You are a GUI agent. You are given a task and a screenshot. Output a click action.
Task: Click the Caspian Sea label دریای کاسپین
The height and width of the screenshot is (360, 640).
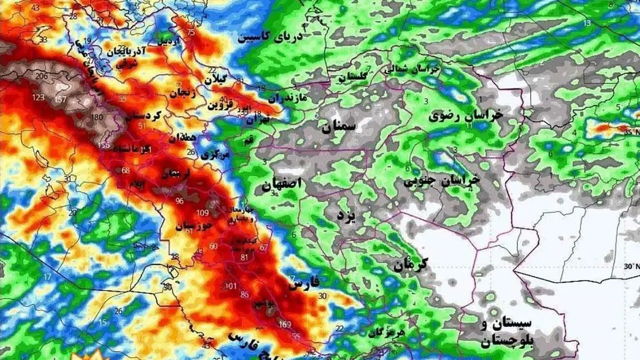tap(270, 37)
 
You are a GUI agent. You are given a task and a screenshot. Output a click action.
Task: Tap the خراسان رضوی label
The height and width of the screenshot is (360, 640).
tap(466, 116)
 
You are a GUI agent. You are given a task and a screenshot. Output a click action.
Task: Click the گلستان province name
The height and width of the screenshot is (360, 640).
tap(353, 77)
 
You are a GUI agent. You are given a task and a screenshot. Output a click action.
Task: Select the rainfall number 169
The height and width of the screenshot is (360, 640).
tap(284, 324)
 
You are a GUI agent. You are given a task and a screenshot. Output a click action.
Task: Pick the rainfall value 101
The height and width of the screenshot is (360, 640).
tap(230, 286)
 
